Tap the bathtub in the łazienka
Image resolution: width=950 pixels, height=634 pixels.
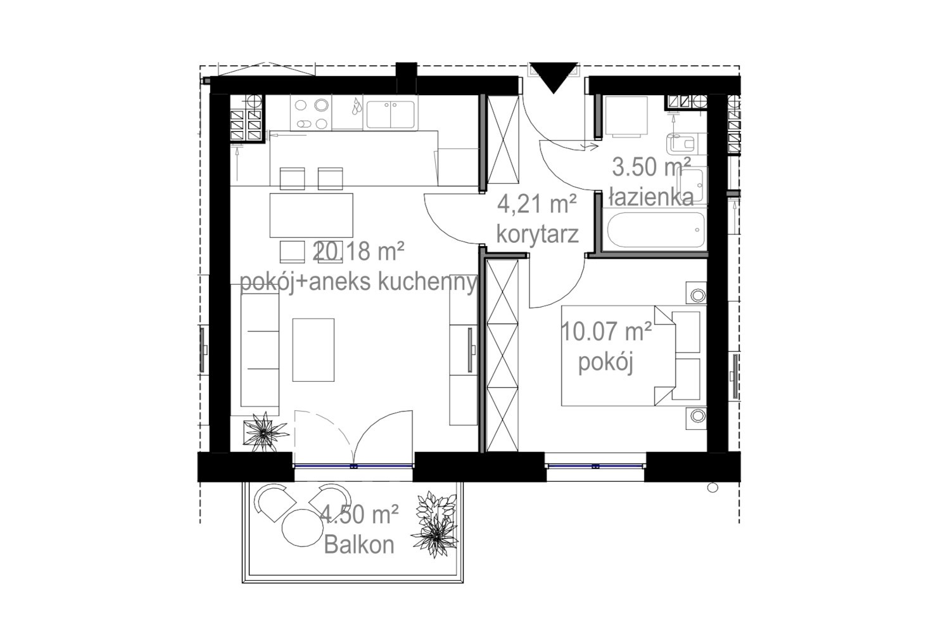pyautogui.click(x=656, y=230)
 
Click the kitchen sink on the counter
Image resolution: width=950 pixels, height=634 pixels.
pyautogui.click(x=390, y=114)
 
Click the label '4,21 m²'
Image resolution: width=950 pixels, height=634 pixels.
pyautogui.click(x=537, y=204)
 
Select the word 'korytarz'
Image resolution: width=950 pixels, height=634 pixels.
pyautogui.click(x=537, y=234)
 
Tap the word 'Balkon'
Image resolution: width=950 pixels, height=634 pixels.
pyautogui.click(x=359, y=545)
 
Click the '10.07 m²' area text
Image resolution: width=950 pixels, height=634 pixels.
pyautogui.click(x=607, y=331)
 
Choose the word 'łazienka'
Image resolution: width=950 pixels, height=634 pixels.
pyautogui.click(x=651, y=197)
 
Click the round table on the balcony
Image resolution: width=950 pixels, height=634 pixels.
pyautogui.click(x=302, y=527)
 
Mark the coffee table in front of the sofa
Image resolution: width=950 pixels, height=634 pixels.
pyautogui.click(x=313, y=350)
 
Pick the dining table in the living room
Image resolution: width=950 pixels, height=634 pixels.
pyautogui.click(x=312, y=216)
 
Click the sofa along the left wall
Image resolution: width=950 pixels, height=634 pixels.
pyautogui.click(x=260, y=349)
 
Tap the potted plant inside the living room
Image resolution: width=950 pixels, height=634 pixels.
pyautogui.click(x=265, y=432)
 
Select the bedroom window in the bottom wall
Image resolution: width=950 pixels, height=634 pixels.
pyautogui.click(x=595, y=466)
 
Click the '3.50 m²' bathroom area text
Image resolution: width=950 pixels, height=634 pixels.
pyautogui.click(x=652, y=167)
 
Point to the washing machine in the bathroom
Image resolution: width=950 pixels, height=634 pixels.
pyautogui.click(x=626, y=117)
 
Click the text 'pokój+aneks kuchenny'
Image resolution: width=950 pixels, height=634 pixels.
pyautogui.click(x=358, y=281)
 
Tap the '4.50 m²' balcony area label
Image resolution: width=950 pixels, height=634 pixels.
pyautogui.click(x=359, y=514)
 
